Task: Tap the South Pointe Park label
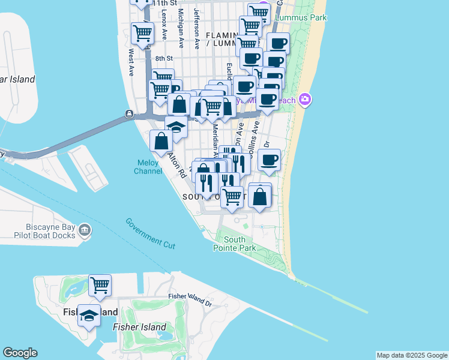(x=235, y=244)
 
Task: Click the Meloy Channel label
(x=148, y=167)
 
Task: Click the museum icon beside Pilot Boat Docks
(x=85, y=229)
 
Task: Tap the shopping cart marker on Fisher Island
(x=100, y=285)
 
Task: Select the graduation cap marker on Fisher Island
(x=89, y=316)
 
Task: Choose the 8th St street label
(x=164, y=58)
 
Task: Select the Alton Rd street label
(x=176, y=165)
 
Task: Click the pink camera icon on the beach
(x=306, y=98)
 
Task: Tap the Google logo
(x=20, y=353)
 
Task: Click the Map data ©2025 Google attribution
(x=411, y=355)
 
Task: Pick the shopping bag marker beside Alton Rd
(x=161, y=141)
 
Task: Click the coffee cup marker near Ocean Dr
(x=269, y=160)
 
